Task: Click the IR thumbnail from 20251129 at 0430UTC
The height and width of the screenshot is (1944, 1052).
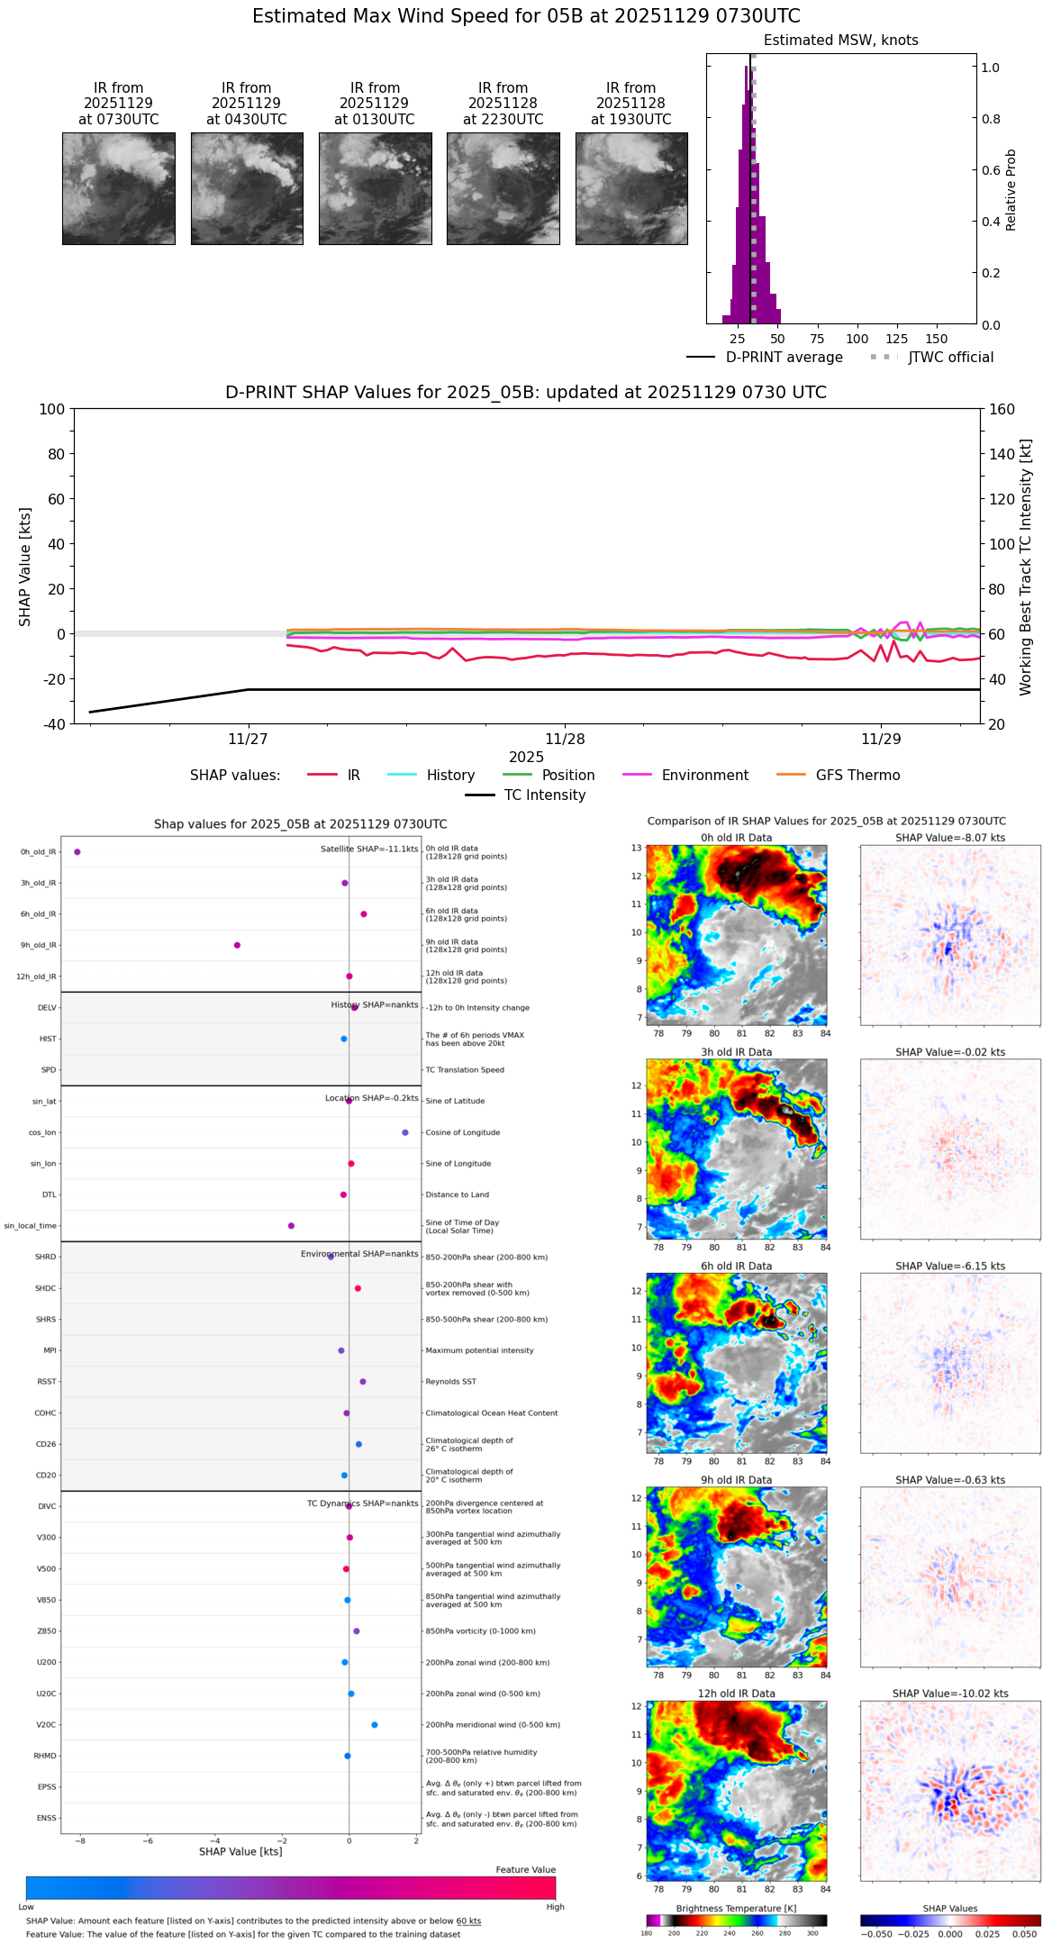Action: tap(247, 188)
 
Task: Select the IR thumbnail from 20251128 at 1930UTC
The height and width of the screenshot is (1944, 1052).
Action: tap(631, 188)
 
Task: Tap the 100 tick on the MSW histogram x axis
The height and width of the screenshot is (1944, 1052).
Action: tap(857, 339)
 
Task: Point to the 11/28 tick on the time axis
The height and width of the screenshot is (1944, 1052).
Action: tap(565, 739)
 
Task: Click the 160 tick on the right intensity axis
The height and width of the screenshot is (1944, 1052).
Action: tap(1002, 410)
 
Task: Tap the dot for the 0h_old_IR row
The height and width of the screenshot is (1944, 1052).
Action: tap(77, 851)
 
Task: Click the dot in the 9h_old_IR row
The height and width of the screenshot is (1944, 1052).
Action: tap(237, 945)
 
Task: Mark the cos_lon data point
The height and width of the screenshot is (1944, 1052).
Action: tap(405, 1132)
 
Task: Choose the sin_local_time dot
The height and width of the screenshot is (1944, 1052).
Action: tap(291, 1226)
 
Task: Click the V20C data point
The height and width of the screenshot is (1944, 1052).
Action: tap(375, 1725)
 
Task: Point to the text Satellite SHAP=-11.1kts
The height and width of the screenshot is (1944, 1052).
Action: tap(369, 849)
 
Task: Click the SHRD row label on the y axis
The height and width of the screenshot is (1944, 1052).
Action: tap(45, 1258)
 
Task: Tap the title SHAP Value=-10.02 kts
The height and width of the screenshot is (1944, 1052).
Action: tap(950, 1694)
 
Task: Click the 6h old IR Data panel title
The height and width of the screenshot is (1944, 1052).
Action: tap(736, 1266)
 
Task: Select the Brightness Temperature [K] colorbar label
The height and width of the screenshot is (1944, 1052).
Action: tap(736, 1908)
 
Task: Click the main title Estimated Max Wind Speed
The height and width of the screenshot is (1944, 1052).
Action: tap(526, 16)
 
